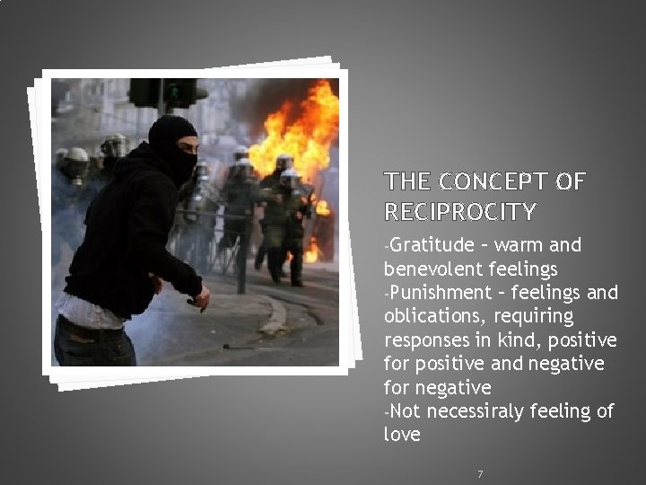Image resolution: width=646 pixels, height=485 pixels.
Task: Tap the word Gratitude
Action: tap(430, 244)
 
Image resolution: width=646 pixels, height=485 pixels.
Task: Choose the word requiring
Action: tap(534, 316)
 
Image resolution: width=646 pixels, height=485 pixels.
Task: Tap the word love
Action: tap(401, 435)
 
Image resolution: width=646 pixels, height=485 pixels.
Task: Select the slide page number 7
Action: tap(480, 473)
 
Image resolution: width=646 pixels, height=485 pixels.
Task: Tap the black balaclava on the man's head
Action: tap(172, 144)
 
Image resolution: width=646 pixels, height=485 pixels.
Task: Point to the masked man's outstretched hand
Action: tap(203, 297)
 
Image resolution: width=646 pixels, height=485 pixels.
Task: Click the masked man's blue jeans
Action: tap(90, 346)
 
